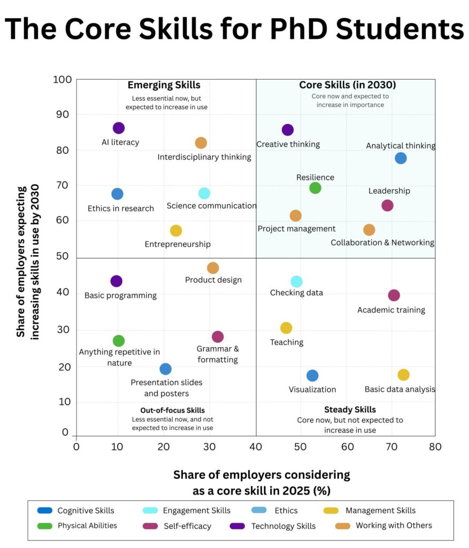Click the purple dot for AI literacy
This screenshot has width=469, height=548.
point(119,128)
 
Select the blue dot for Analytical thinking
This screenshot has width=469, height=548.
point(401,158)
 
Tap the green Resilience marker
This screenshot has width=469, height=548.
point(315,188)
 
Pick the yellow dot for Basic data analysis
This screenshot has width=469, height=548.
point(403,375)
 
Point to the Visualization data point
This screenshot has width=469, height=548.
point(312,376)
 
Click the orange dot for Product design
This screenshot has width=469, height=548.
point(213,268)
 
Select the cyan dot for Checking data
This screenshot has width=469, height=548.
point(296,281)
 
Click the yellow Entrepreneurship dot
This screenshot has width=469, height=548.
point(176,231)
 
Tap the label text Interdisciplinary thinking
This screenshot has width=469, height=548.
point(204,157)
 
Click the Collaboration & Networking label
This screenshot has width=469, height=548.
point(382,242)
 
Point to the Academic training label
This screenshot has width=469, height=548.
point(391,310)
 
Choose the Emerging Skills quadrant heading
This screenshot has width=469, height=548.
point(164,85)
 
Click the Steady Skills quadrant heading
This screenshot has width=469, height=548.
point(350,409)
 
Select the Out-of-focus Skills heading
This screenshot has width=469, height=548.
point(169,410)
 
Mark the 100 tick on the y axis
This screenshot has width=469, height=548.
point(63,80)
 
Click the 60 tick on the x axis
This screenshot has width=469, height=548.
point(347,446)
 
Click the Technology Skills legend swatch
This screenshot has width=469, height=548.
point(238,526)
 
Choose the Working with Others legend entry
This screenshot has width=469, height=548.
point(394,525)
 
